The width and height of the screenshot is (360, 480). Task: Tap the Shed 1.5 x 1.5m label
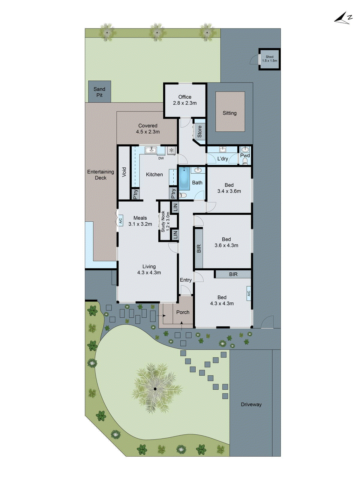(x=269, y=59)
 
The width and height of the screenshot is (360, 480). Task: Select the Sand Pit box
(x=100, y=92)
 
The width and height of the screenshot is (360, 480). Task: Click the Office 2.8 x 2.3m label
(x=185, y=100)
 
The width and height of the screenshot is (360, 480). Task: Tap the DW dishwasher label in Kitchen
(x=161, y=158)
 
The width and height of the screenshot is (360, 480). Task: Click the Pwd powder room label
(x=245, y=155)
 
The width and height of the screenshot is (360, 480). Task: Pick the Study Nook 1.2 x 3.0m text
(x=165, y=221)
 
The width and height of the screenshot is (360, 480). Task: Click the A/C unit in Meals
(x=120, y=220)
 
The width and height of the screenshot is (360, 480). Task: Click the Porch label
(x=183, y=312)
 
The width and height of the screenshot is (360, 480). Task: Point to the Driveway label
(x=251, y=404)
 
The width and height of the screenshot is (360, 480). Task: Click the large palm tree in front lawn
(x=155, y=389)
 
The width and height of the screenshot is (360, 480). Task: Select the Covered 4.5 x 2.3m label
(x=148, y=129)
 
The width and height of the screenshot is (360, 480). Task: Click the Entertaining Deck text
(x=100, y=175)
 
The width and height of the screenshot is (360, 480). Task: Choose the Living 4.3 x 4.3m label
(x=149, y=269)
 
